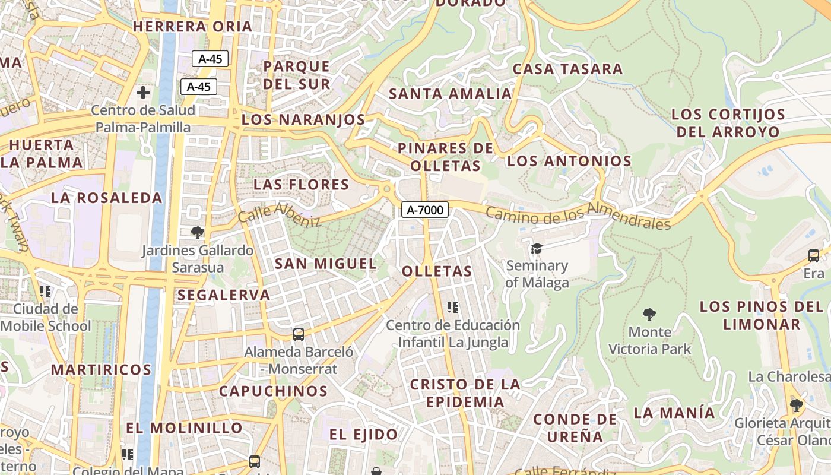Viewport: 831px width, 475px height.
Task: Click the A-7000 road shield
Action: tap(424, 209)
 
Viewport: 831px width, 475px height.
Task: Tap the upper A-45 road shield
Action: tap(210, 59)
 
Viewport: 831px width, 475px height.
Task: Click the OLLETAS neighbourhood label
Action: tap(437, 272)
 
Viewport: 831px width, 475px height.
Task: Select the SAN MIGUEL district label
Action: tap(325, 264)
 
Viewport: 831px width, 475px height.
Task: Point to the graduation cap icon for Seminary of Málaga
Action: tap(537, 248)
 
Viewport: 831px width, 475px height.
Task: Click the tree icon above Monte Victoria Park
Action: tap(649, 314)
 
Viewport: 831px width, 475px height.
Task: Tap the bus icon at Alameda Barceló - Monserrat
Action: tap(299, 334)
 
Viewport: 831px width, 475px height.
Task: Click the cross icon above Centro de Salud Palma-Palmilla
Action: tap(143, 93)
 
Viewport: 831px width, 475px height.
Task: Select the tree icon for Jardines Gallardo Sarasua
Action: tap(198, 232)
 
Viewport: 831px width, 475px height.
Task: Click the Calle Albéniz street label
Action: tap(279, 215)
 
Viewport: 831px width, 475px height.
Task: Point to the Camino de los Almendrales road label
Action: tap(578, 215)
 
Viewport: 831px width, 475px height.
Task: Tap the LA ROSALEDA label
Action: tap(107, 198)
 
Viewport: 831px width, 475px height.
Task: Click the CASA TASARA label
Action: tap(567, 69)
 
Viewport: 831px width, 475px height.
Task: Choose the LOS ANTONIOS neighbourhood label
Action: tap(569, 161)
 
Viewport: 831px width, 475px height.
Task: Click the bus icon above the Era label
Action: tap(814, 256)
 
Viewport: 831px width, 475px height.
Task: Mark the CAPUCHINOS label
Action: tap(273, 391)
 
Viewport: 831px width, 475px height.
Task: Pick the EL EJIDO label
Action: tap(364, 435)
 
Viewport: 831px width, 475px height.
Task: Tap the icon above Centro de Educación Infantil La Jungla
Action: tap(453, 308)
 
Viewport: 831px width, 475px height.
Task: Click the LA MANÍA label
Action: tap(674, 412)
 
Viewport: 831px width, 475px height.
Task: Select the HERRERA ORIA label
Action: tap(192, 27)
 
